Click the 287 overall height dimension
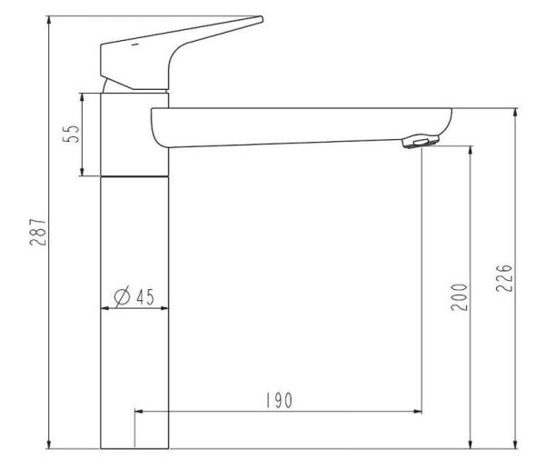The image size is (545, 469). pos(38,233)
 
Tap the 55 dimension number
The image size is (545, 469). pos(71,134)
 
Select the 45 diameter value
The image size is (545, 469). pos(145,297)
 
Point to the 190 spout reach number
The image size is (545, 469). pos(280,400)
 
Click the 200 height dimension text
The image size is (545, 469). pos(460,297)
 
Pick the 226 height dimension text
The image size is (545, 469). pos(504,278)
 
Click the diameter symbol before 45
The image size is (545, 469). pos(123,297)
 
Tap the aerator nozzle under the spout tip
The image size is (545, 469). pos(421,141)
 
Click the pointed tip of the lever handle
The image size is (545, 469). pos(262,18)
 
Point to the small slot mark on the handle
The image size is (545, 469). pos(135,45)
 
